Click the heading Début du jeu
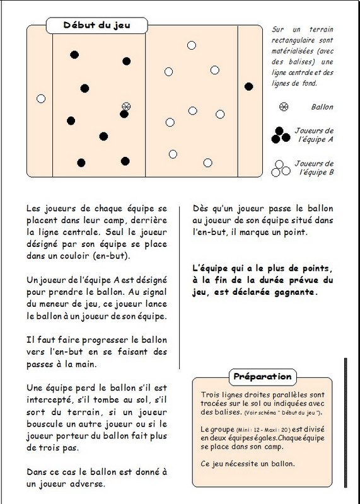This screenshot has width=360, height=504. [96, 25]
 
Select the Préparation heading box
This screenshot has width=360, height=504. [262, 377]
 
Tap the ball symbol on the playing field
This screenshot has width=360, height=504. [126, 106]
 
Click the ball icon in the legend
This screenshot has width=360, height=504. [284, 106]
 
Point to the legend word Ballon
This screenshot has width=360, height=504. [322, 107]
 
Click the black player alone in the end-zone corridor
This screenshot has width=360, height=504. [248, 86]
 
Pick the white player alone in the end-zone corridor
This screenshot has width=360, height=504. [41, 99]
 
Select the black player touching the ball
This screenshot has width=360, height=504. [124, 114]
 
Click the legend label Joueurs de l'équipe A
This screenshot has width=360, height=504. [314, 135]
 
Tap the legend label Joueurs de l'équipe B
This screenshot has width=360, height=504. [314, 168]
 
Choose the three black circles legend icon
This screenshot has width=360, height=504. [281, 135]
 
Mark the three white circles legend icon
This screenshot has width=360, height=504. [281, 168]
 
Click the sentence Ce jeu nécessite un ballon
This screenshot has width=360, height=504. [247, 464]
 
